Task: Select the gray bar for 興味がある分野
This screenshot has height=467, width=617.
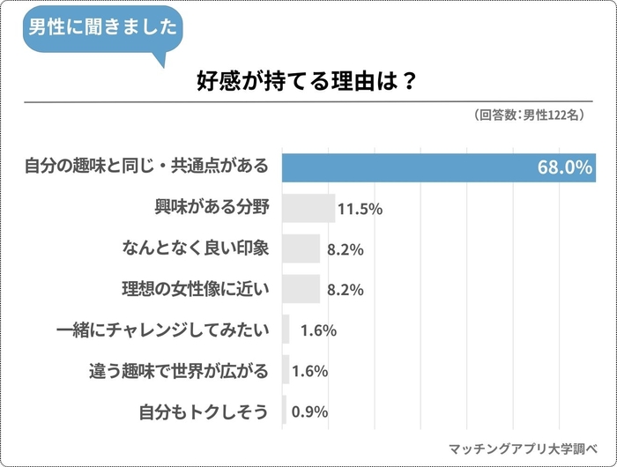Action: coord(308,208)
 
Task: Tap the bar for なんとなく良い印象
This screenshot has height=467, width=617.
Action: coord(301,248)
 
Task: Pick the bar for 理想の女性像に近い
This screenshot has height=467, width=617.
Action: coord(301,289)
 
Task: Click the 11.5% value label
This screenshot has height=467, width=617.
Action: coord(360,209)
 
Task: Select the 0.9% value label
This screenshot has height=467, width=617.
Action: coord(309,411)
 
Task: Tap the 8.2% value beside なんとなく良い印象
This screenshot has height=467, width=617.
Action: coord(346,249)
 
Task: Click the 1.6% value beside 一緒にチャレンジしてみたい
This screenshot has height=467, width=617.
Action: coord(317,330)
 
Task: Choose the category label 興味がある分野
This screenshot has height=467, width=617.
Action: coord(211,208)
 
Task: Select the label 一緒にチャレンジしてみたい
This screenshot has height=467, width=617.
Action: coord(160,330)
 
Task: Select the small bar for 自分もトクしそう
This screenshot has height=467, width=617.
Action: coord(284,411)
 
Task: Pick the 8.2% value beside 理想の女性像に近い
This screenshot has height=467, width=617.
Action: coord(346,290)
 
